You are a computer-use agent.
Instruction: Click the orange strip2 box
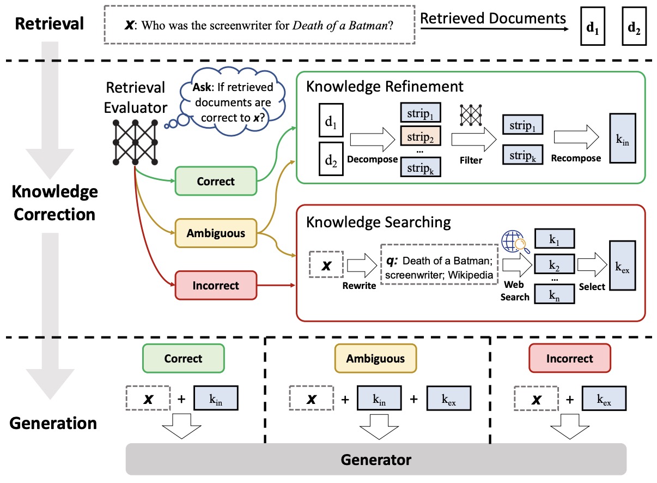(x=420, y=137)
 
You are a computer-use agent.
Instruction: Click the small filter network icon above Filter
(x=472, y=115)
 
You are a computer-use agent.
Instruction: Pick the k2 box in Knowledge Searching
(x=554, y=265)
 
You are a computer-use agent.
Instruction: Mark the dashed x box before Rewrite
(x=325, y=265)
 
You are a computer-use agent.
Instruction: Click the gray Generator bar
(x=376, y=458)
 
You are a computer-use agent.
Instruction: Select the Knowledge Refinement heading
(x=385, y=86)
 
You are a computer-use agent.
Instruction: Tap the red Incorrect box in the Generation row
(x=570, y=358)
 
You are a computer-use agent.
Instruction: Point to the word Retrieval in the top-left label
(x=50, y=23)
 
